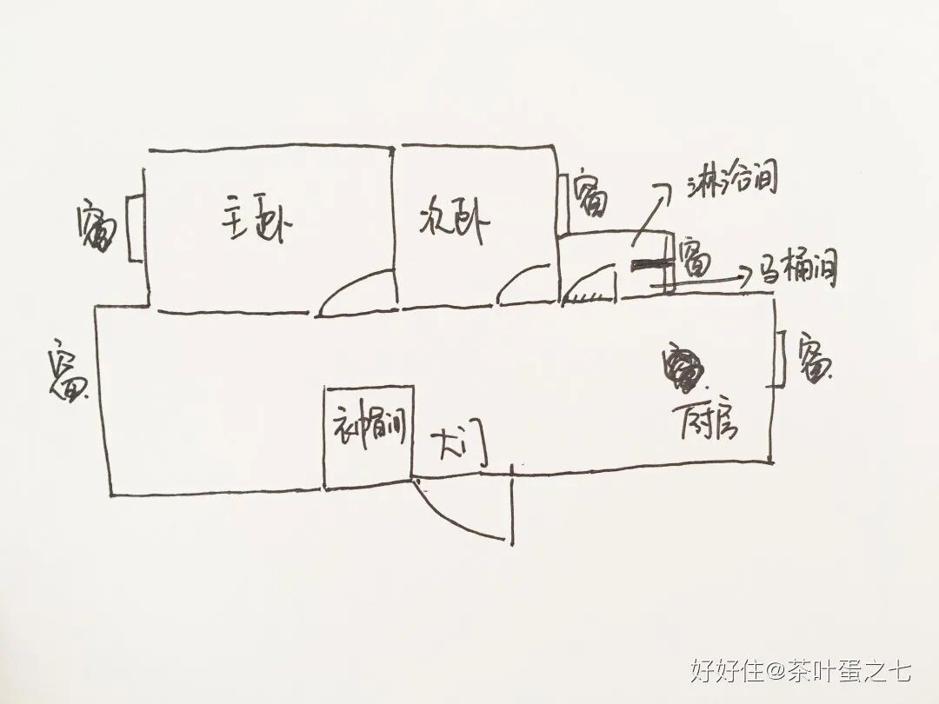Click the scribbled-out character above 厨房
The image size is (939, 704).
click(683, 369)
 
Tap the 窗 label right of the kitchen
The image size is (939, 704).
click(815, 359)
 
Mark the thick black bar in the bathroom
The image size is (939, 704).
click(653, 267)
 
